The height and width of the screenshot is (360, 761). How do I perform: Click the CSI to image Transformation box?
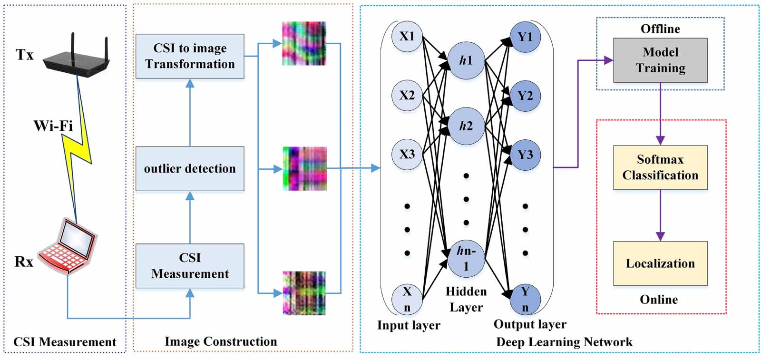[190, 56]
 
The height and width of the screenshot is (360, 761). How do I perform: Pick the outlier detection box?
[190, 168]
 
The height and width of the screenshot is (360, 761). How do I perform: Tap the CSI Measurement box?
[190, 265]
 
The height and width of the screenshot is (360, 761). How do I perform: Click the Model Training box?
[660, 60]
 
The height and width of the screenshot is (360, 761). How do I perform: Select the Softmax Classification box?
[660, 167]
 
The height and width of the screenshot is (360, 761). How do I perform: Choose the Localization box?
[660, 263]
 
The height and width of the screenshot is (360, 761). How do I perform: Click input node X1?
[407, 37]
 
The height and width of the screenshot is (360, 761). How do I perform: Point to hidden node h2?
[466, 126]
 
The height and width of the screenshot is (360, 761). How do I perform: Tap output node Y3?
[525, 155]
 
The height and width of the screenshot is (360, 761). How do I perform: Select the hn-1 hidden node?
[466, 258]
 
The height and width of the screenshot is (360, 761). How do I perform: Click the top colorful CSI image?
[304, 43]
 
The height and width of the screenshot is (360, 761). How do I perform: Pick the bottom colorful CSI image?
[304, 293]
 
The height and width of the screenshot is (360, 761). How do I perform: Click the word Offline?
[660, 29]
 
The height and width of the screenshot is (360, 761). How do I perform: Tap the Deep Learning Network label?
[564, 342]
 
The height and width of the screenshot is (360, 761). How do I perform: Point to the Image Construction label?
[221, 341]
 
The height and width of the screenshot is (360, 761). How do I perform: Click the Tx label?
[25, 55]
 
